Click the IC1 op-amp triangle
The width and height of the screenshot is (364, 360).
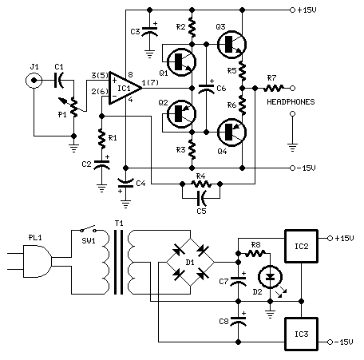pos(125,84)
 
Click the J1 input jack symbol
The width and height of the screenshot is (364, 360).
pos(34,81)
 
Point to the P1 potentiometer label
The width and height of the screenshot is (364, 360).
pos(61,113)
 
